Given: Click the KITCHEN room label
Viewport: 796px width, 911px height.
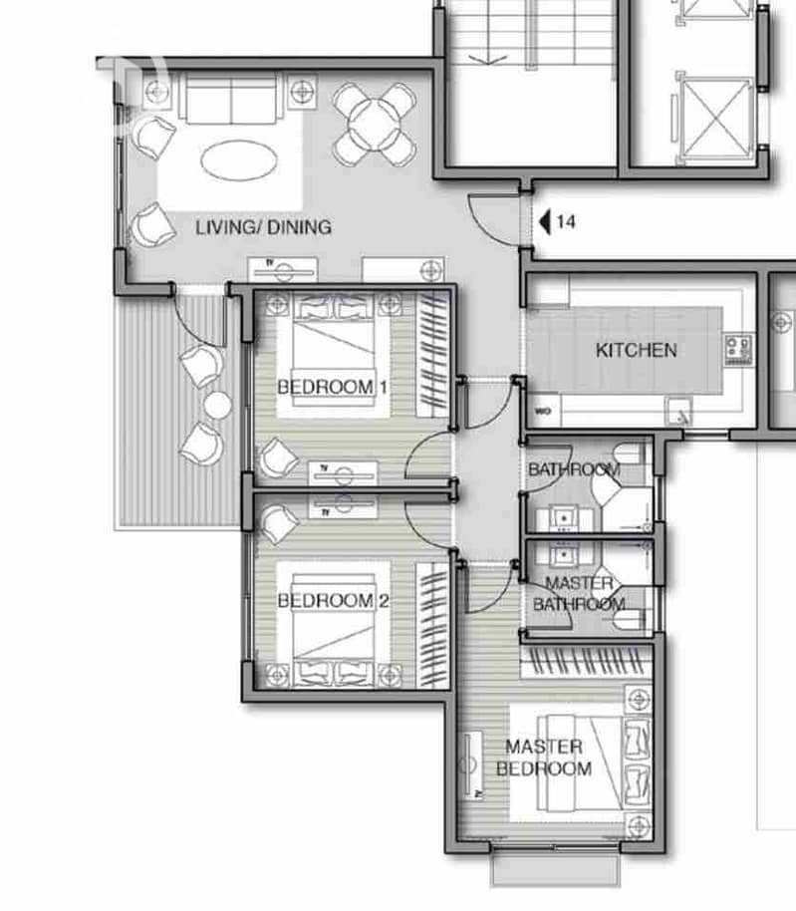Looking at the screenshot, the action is [637, 350].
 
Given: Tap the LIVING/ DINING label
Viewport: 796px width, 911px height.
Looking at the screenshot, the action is [264, 226].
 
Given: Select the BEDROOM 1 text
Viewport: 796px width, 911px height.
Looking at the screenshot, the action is [333, 387].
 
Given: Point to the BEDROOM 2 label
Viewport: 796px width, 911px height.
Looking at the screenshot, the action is [333, 601].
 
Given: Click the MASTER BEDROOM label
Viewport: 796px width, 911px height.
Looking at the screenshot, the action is [544, 758].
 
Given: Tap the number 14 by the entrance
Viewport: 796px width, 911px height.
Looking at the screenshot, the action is [566, 221].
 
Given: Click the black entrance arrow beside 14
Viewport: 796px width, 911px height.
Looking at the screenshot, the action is [545, 222].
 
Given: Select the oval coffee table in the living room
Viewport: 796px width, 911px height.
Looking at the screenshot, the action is [239, 159].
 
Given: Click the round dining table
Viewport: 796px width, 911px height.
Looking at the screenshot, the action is [375, 125].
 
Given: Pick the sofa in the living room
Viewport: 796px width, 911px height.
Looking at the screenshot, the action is [231, 99].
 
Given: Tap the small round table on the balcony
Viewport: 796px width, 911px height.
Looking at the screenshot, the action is [218, 405].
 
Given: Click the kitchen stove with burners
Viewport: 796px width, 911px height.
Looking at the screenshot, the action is [739, 349].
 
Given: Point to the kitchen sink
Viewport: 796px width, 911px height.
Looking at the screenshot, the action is [678, 412].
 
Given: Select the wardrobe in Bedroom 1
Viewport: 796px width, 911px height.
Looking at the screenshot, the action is [433, 355].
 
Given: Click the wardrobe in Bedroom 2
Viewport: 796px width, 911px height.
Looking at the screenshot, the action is [433, 625].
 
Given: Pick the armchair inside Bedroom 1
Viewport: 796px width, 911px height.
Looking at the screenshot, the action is [279, 457].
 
